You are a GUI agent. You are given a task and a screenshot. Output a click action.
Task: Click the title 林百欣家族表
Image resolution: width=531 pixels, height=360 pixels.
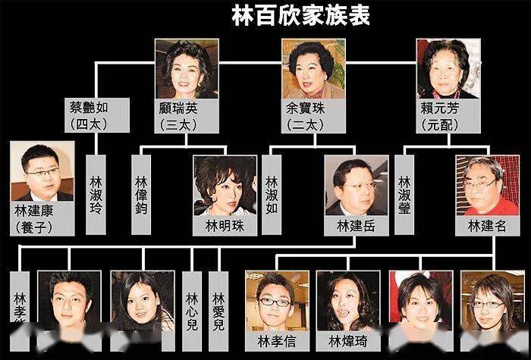pos(301,17)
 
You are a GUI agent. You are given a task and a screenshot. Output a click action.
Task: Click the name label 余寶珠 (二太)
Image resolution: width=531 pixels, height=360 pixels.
pos(313,114)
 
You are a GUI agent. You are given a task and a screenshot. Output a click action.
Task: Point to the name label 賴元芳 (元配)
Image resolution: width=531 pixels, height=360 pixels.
pos(447,114)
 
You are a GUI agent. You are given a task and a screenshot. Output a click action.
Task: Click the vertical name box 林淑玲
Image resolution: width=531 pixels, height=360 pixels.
pos(96,195)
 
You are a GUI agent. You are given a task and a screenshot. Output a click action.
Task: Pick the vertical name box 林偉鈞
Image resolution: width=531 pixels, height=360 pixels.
pos(141,195)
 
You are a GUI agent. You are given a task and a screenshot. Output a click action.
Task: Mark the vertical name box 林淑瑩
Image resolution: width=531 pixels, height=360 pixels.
pos(405,195)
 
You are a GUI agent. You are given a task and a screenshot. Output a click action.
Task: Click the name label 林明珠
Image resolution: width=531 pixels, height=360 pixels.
pos(225,227)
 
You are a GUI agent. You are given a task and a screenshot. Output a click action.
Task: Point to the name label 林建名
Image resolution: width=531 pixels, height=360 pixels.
pos(485,227)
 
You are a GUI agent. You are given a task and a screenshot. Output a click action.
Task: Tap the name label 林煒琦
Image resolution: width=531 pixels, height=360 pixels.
pos(348,340)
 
